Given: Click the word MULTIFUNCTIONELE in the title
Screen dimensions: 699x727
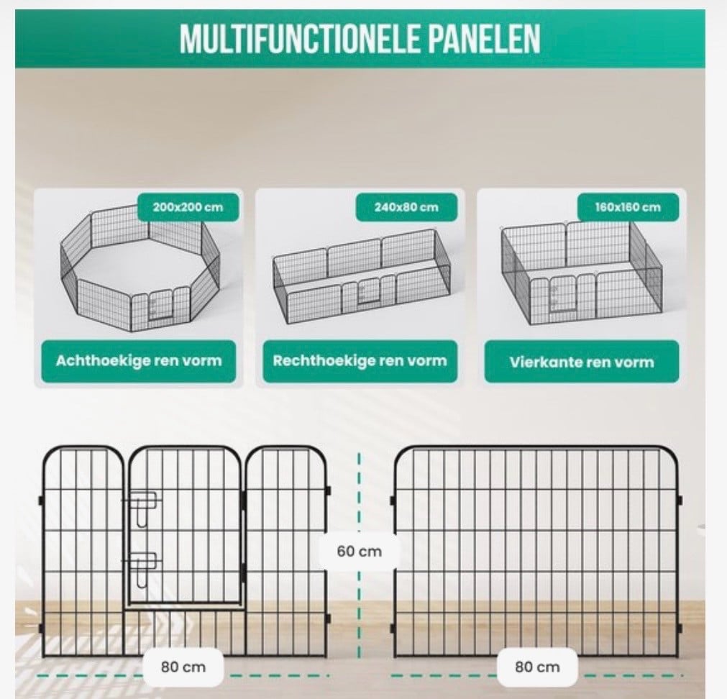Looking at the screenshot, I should pos(301,39).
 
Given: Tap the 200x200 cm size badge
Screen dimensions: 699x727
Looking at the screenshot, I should pos(188,207).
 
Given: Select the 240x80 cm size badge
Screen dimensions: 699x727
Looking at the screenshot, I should pos(406,207).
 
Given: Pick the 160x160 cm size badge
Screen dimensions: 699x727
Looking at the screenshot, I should pos(627,207).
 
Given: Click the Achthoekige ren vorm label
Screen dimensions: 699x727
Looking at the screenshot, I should pos(138,360).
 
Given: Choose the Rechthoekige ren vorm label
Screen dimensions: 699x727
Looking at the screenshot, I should pos(359,360).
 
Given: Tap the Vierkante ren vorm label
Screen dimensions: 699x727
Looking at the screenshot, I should pos(582,361).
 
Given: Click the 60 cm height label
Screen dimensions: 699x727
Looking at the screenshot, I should pos(359,552).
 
